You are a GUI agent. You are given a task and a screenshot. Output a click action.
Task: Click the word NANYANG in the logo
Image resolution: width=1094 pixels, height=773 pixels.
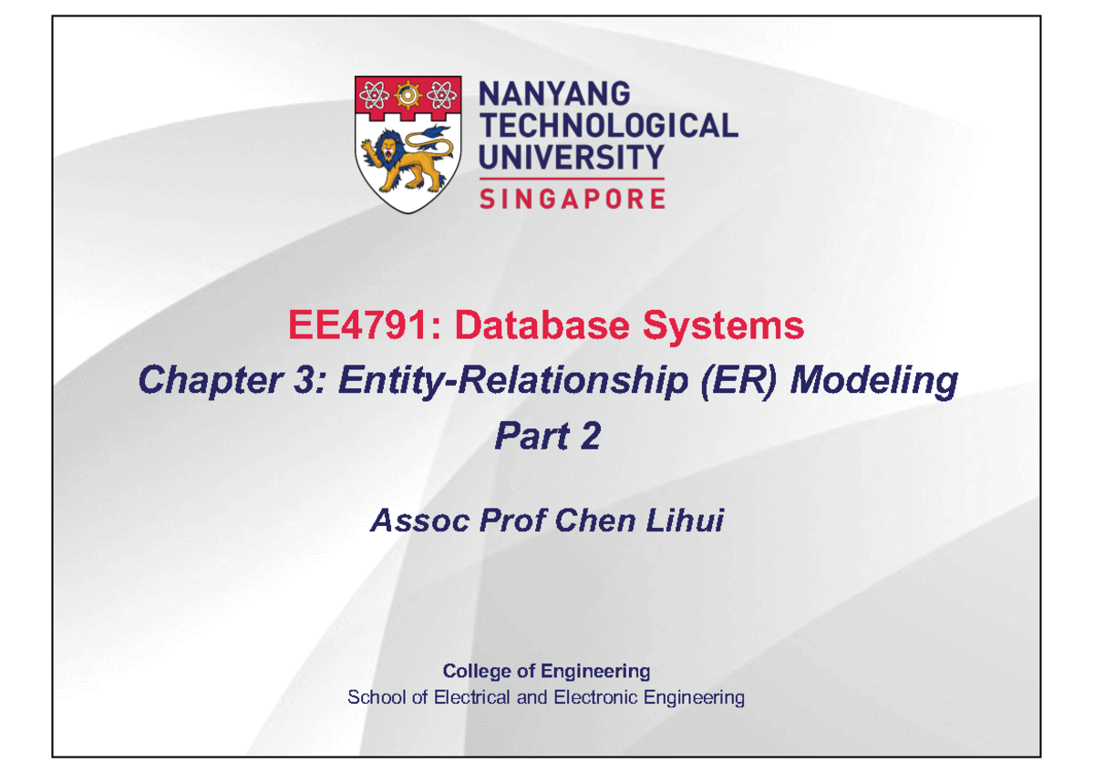coord(554,94)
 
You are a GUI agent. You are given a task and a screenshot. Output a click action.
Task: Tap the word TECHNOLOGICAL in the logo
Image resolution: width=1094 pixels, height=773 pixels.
coord(608,126)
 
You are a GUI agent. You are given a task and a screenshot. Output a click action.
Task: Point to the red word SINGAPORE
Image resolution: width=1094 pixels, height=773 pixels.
coord(572,198)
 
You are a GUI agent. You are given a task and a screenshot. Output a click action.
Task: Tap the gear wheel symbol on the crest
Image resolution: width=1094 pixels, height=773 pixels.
coord(406,93)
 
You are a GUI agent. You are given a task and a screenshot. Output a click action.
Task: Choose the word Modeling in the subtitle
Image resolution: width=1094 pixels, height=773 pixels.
coord(873,380)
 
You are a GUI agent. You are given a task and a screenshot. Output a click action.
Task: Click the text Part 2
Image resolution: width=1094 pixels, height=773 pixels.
coord(547,437)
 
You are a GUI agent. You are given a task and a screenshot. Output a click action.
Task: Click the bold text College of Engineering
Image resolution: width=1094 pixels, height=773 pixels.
coord(546,672)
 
